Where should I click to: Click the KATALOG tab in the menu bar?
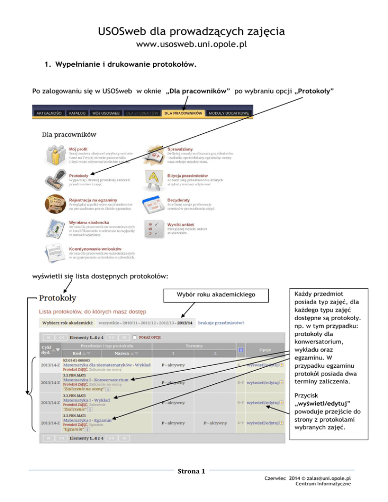pyautogui.click(x=77, y=113)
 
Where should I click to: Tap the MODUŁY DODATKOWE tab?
pyautogui.click(x=229, y=113)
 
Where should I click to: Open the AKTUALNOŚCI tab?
pyautogui.click(x=50, y=113)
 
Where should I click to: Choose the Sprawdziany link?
pyautogui.click(x=180, y=149)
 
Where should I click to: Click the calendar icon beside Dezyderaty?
pyautogui.click(x=153, y=206)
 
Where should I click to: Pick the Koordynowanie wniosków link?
pyautogui.click(x=95, y=248)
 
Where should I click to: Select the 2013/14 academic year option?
pyautogui.click(x=184, y=323)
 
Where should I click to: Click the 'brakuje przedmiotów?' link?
pyautogui.click(x=221, y=323)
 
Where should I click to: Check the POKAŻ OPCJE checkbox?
pyautogui.click(x=135, y=337)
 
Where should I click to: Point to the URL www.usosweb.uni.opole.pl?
pyautogui.click(x=193, y=45)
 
